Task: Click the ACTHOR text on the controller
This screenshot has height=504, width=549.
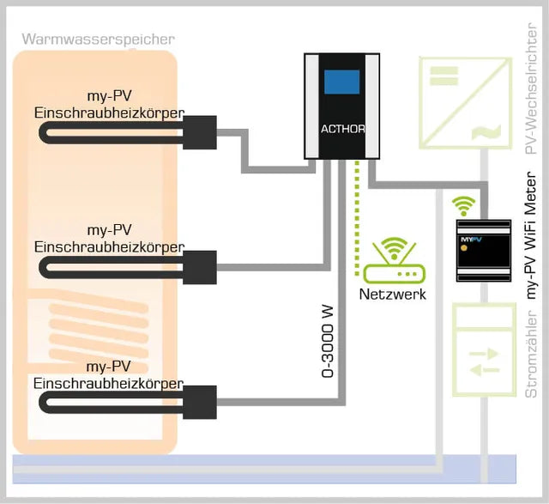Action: click(x=342, y=131)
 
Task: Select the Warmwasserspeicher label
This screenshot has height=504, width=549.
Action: click(x=99, y=39)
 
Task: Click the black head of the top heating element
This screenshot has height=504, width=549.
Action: click(x=199, y=132)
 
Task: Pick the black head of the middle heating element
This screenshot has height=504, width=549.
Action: click(x=199, y=266)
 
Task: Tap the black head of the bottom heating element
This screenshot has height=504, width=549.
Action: click(x=199, y=401)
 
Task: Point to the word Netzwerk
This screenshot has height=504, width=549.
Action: click(x=392, y=294)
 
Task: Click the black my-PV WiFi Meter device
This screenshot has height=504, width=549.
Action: click(x=483, y=251)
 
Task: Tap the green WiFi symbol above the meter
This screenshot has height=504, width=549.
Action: click(x=464, y=205)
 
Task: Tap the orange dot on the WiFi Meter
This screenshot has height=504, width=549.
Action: click(x=464, y=247)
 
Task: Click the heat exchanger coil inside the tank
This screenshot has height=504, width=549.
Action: click(x=94, y=331)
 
